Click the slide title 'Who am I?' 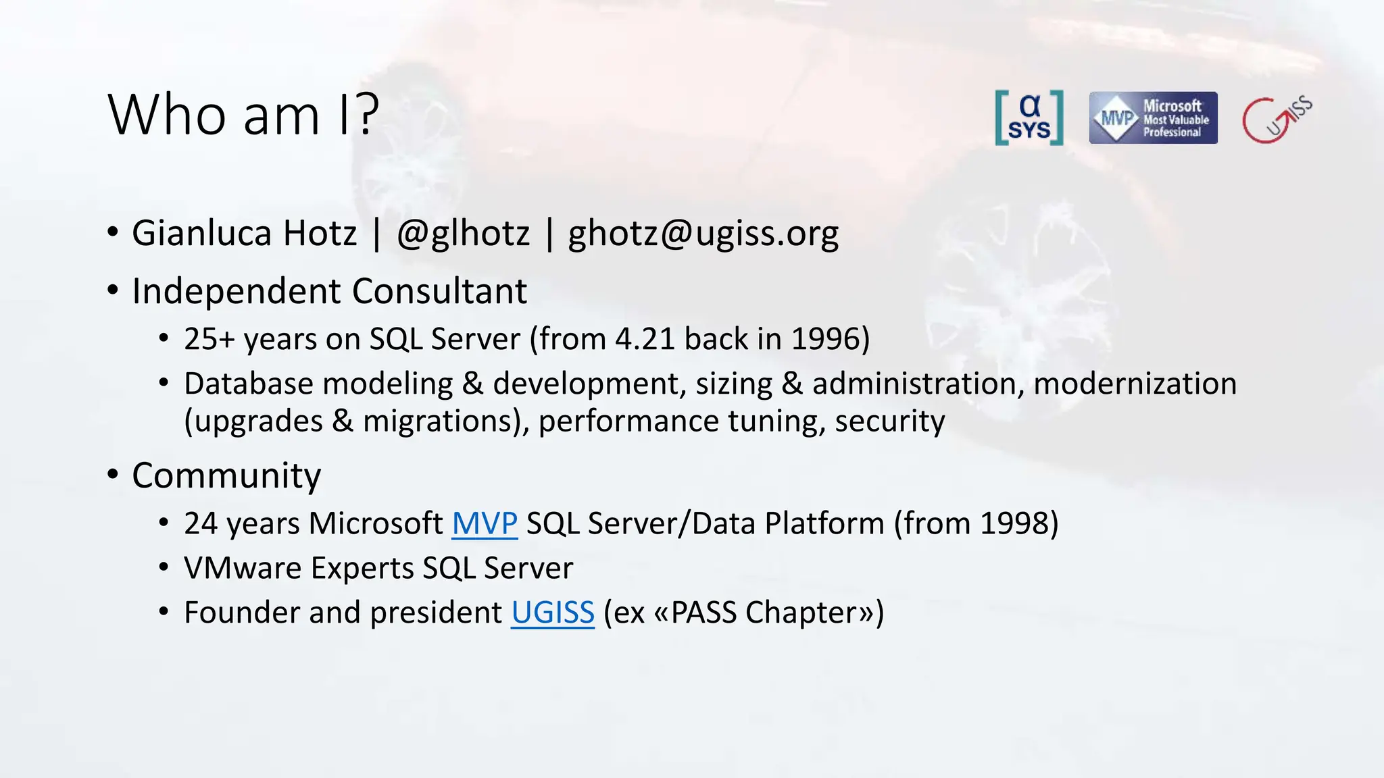pyautogui.click(x=243, y=115)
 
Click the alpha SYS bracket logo pyautogui.click(x=1029, y=118)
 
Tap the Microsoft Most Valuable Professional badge pyautogui.click(x=1153, y=118)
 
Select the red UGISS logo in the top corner pyautogui.click(x=1276, y=119)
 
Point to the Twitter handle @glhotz pyautogui.click(x=464, y=233)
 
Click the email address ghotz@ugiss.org pyautogui.click(x=703, y=234)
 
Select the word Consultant pyautogui.click(x=439, y=291)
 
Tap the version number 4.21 pyautogui.click(x=645, y=339)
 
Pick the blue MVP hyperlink pyautogui.click(x=485, y=523)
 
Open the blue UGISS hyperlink pyautogui.click(x=552, y=613)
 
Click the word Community pyautogui.click(x=226, y=475)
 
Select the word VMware pyautogui.click(x=242, y=568)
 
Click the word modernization pyautogui.click(x=1135, y=384)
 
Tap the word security pyautogui.click(x=889, y=421)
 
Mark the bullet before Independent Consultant pyautogui.click(x=113, y=291)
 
